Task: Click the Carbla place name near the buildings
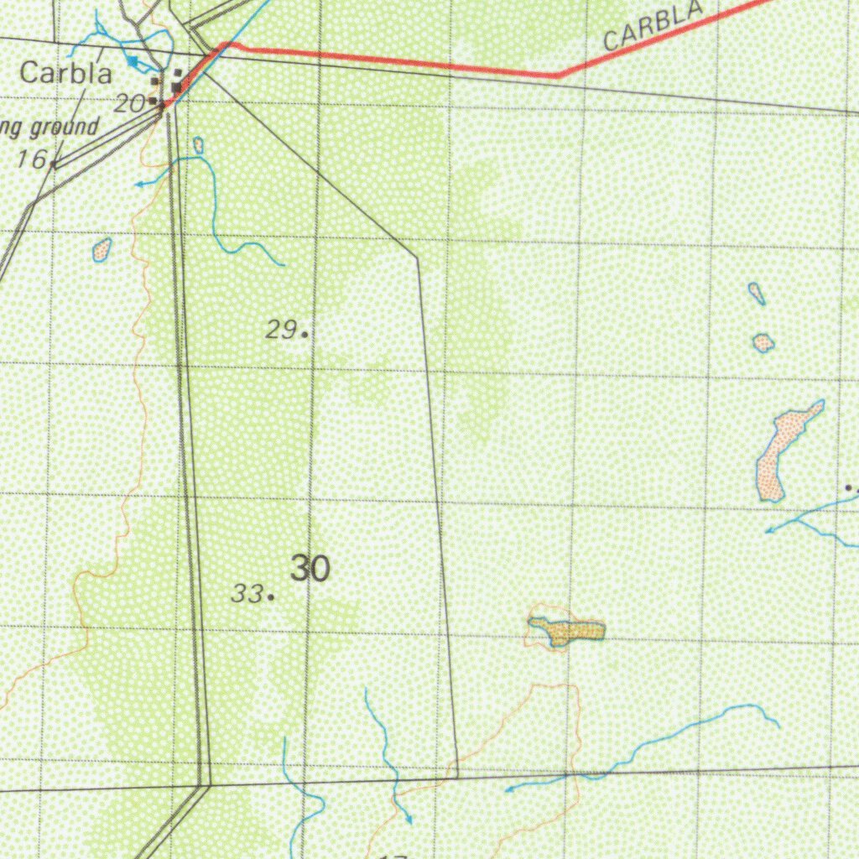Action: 65,73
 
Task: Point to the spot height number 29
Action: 280,330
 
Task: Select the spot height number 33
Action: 247,594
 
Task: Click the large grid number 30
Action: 310,570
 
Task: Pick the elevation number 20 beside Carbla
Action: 130,104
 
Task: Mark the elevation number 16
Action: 32,159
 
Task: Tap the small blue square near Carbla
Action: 132,61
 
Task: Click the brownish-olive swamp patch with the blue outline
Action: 568,630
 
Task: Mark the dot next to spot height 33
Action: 271,597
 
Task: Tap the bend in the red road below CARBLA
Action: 557,76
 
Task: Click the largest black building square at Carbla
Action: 177,86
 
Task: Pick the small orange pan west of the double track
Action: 102,249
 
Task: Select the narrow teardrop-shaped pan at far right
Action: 756,293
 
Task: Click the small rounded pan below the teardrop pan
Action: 763,342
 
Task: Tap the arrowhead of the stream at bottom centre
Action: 409,820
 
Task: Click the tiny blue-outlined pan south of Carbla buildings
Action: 198,145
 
